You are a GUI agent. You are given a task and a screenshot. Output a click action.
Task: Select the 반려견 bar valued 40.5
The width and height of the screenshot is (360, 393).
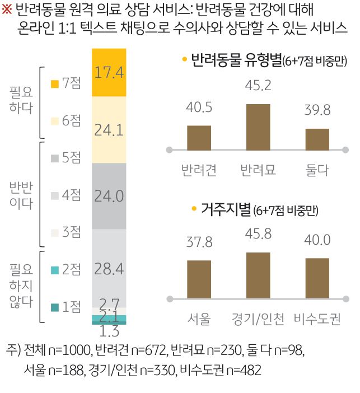coord(199,137)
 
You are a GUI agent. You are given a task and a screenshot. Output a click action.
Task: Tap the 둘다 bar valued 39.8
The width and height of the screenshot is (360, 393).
coord(317,139)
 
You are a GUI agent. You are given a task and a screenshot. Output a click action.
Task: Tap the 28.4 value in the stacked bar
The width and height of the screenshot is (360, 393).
coord(110,269)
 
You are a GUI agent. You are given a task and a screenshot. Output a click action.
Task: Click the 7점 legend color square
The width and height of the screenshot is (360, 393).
coord(54,84)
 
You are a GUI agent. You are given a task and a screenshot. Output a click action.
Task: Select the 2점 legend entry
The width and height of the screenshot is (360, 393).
coord(66,270)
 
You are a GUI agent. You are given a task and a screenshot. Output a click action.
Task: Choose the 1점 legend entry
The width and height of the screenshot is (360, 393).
coord(66,307)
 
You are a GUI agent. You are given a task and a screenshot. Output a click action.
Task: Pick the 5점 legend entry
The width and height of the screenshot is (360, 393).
coord(66,158)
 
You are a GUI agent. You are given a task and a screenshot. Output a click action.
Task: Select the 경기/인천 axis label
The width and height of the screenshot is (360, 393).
coord(258,320)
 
